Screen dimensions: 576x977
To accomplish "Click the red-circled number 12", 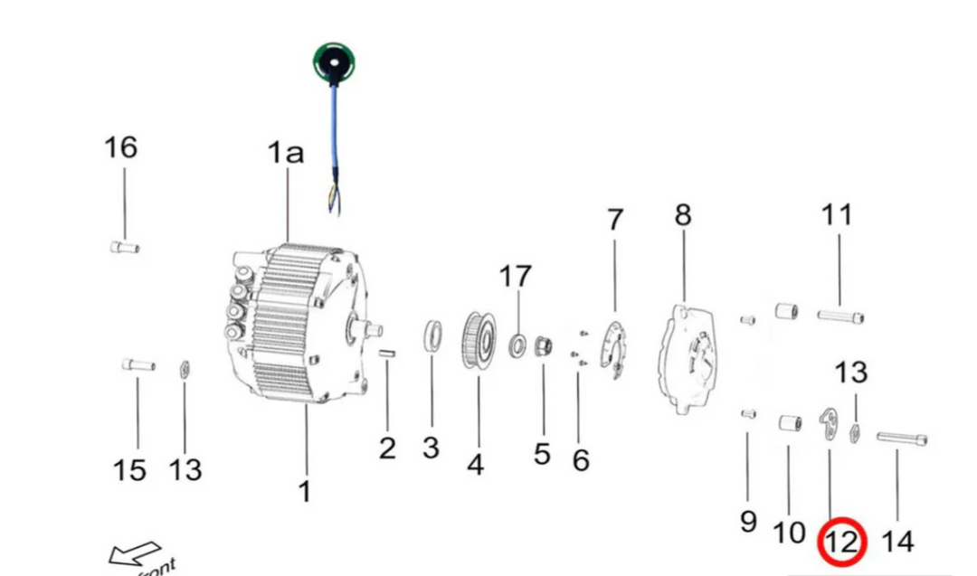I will pyautogui.click(x=842, y=543).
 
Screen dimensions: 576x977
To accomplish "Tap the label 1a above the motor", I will pyautogui.click(x=285, y=153).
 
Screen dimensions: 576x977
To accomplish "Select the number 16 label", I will pyautogui.click(x=120, y=146).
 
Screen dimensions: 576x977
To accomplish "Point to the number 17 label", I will pyautogui.click(x=516, y=276).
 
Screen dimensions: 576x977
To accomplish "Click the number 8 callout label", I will pyautogui.click(x=683, y=215).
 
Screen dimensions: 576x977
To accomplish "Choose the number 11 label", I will pyautogui.click(x=837, y=215).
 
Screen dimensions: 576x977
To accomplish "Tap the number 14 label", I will pyautogui.click(x=897, y=542).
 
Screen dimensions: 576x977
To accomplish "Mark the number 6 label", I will pyautogui.click(x=580, y=459).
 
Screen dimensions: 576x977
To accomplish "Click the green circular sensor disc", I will pyautogui.click(x=334, y=61).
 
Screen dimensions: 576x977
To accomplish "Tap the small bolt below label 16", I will pyautogui.click(x=124, y=247).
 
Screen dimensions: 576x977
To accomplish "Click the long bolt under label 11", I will pyautogui.click(x=840, y=316).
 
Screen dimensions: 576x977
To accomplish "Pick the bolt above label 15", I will pyautogui.click(x=138, y=364).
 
